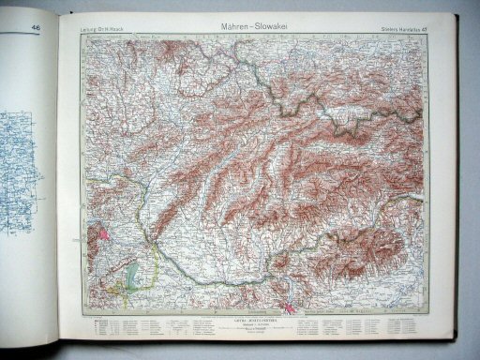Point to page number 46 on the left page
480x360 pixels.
tap(35, 28)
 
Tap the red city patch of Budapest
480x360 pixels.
tap(289, 302)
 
